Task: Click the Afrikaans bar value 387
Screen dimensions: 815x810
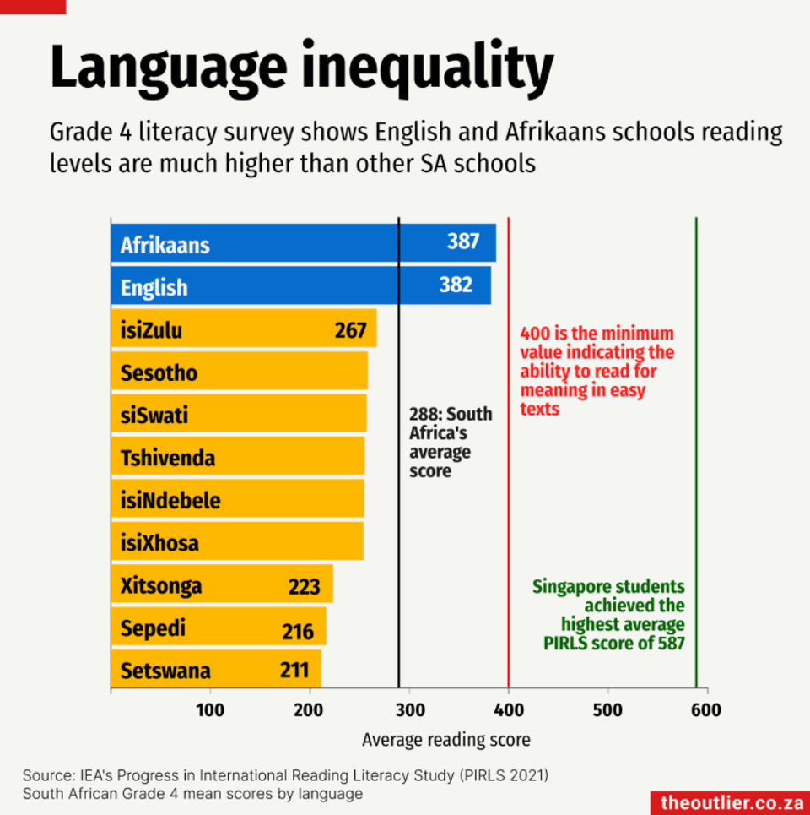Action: click(x=463, y=242)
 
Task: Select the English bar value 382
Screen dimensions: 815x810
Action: click(x=456, y=285)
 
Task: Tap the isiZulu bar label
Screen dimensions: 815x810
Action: click(x=151, y=330)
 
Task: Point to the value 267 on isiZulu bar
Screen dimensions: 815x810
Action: click(x=350, y=330)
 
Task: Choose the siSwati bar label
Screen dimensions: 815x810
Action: click(x=154, y=416)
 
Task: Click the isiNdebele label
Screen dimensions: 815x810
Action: click(x=170, y=501)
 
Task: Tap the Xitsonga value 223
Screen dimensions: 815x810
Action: click(x=305, y=586)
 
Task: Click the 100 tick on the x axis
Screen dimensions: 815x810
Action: click(x=210, y=709)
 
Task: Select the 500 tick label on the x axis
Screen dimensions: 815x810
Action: click(x=607, y=709)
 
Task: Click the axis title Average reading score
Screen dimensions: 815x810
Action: click(x=446, y=740)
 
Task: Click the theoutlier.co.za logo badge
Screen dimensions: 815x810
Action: click(x=731, y=802)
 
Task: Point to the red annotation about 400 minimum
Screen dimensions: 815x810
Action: click(x=597, y=372)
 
